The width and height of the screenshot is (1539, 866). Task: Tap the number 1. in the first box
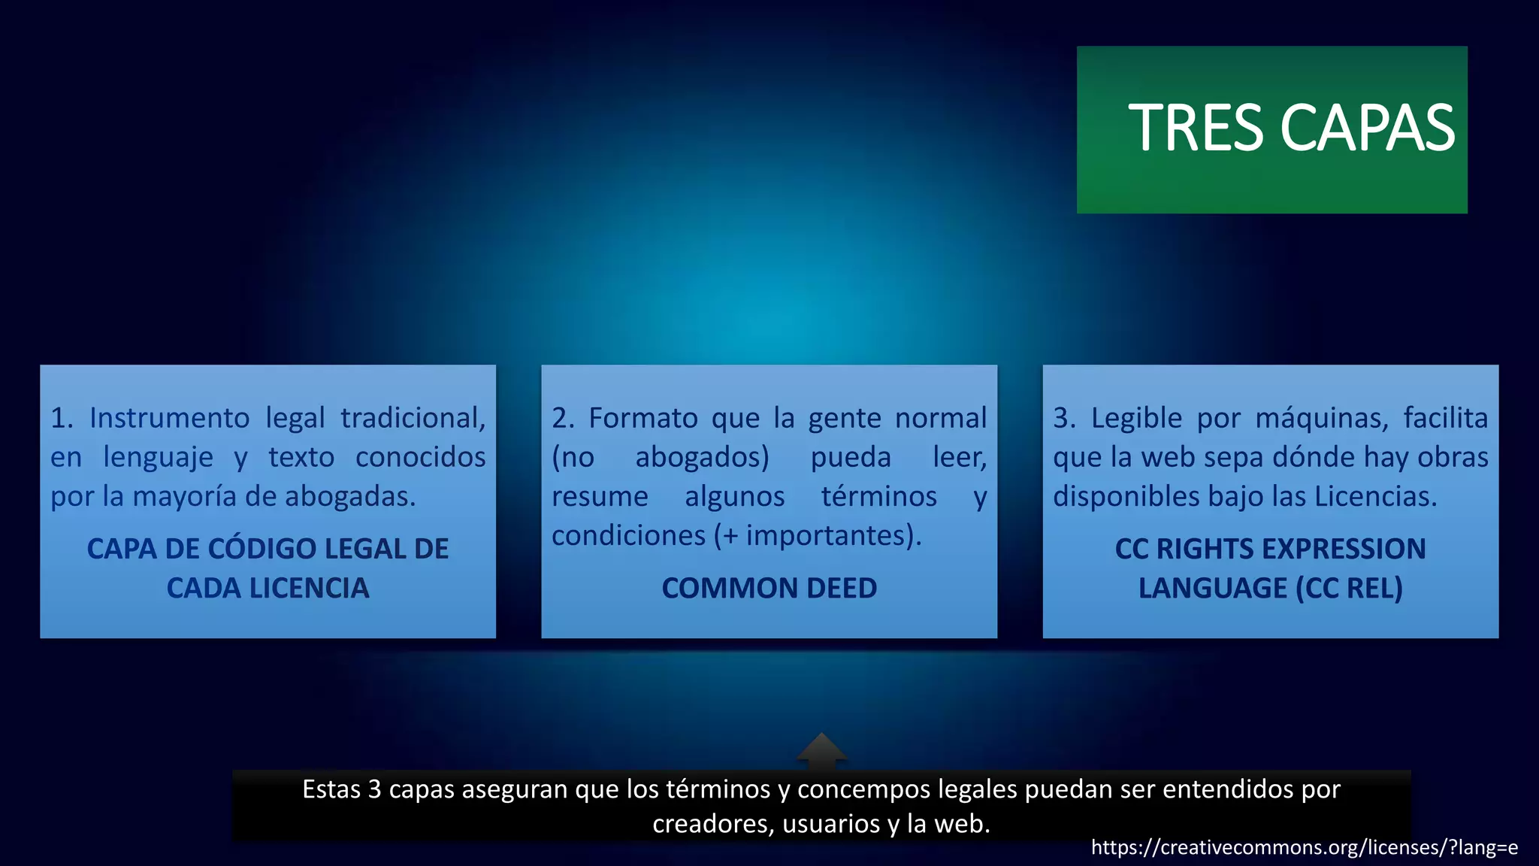pos(62,418)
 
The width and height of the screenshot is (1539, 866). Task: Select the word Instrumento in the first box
pos(169,418)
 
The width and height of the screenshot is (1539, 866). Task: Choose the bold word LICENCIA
pos(309,588)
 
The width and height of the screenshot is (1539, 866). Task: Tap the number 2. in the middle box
pos(563,418)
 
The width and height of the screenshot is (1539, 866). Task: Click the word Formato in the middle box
pos(643,418)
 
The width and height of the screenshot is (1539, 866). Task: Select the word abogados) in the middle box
pos(702,457)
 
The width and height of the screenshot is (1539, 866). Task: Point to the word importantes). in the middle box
pos(833,535)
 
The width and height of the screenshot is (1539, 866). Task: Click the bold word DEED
pos(841,588)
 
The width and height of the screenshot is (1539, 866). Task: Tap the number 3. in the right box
pos(1064,418)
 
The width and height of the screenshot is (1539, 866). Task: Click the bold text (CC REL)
pos(1349,588)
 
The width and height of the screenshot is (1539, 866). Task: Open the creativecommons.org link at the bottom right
pos(1304,848)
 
